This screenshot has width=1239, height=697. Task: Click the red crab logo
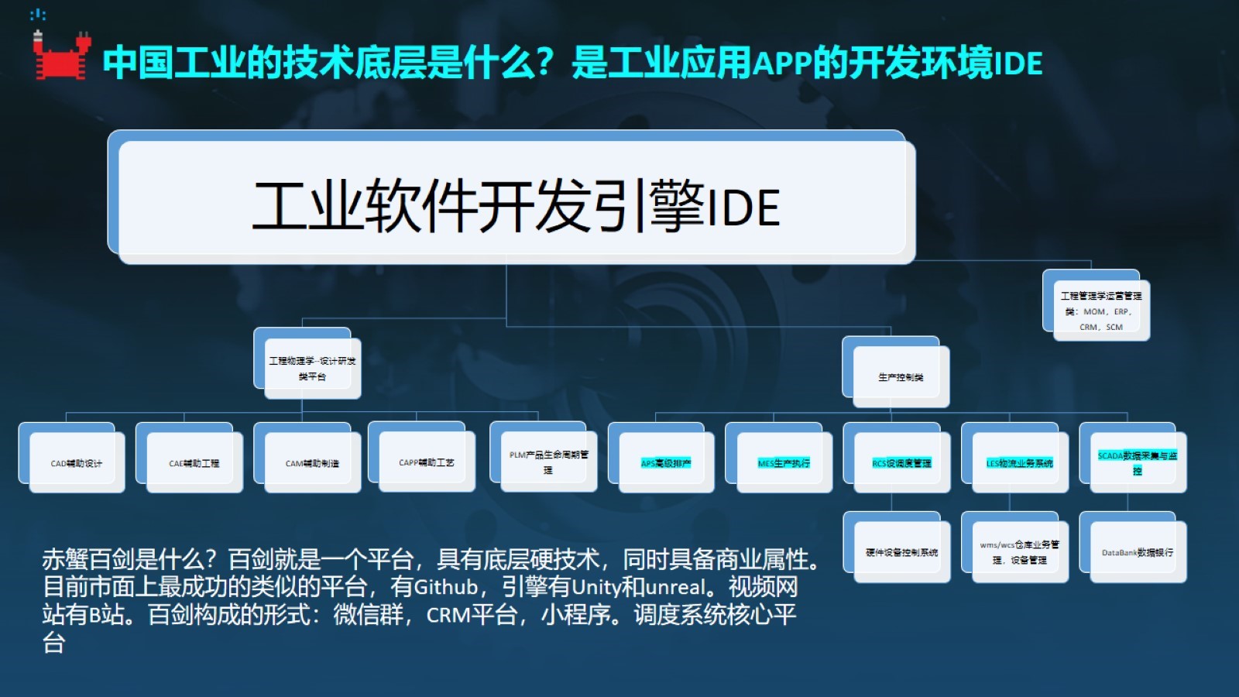click(61, 56)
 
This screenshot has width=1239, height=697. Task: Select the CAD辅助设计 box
click(77, 463)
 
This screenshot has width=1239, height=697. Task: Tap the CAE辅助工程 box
click(194, 463)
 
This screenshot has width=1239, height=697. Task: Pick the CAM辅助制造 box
click(312, 463)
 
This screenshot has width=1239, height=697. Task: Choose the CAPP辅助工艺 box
click(427, 462)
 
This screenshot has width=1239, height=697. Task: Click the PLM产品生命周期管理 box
click(548, 462)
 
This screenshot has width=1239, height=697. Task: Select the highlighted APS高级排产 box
click(666, 463)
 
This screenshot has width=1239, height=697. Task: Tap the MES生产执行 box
click(784, 463)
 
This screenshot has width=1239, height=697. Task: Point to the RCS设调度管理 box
click(901, 463)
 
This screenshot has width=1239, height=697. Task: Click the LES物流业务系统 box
click(1019, 463)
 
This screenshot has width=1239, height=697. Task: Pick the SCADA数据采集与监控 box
click(1137, 462)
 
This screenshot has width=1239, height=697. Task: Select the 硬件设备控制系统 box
click(901, 552)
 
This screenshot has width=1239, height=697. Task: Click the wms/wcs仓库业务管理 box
click(1019, 551)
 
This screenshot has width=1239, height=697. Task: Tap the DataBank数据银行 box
click(1137, 552)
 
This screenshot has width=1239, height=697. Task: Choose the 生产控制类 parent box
click(901, 377)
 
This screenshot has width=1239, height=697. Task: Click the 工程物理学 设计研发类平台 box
click(312, 369)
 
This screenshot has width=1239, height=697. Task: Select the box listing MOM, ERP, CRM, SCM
click(1100, 311)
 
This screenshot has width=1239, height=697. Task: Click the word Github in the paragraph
click(446, 587)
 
